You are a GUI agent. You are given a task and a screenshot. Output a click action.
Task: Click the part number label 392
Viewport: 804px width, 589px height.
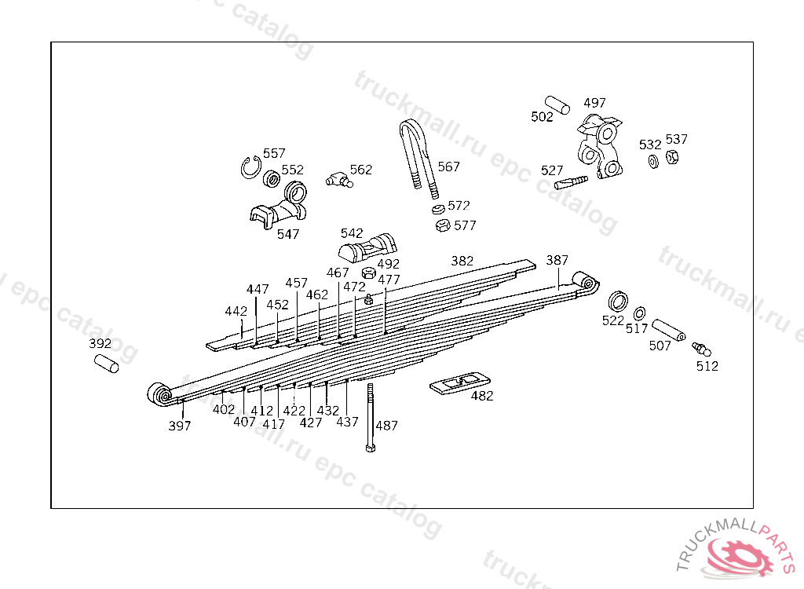(x=100, y=344)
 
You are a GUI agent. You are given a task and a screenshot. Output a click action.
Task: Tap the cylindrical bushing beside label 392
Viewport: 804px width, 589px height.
(x=106, y=363)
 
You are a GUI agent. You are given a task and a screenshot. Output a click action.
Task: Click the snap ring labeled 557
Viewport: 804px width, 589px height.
(x=251, y=167)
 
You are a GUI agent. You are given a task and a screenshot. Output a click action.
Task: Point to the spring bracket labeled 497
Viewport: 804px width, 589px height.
(x=601, y=145)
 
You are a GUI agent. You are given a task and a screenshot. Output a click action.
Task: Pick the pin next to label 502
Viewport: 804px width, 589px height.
(x=558, y=104)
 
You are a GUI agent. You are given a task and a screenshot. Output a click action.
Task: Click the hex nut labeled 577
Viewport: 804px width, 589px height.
(x=443, y=225)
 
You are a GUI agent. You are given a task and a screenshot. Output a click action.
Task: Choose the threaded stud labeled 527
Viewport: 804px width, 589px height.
(x=570, y=184)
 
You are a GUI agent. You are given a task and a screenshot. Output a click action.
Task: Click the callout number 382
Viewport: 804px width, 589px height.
(x=462, y=261)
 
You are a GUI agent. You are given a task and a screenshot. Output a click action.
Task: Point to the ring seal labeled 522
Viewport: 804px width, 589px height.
(x=619, y=301)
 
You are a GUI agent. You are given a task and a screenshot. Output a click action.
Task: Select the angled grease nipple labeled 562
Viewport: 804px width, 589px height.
(x=338, y=180)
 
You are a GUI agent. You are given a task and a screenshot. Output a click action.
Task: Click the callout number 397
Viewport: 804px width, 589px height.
(x=180, y=426)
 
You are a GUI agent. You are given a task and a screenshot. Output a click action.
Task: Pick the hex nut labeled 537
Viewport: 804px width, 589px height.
(x=672, y=157)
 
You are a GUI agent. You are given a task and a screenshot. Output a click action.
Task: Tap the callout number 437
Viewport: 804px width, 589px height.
(x=348, y=422)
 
